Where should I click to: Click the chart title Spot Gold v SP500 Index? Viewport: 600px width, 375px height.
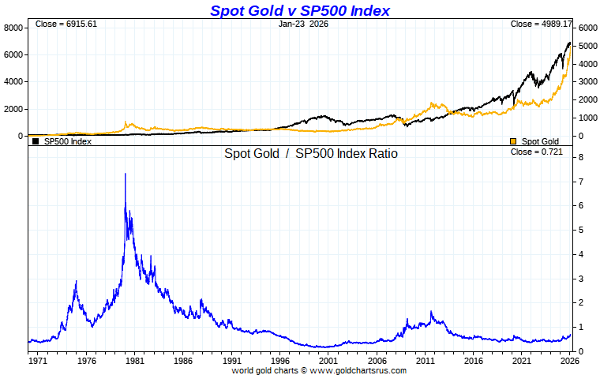299,10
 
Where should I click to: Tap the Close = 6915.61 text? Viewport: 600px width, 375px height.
66,24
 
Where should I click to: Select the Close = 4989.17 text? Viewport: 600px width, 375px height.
541,24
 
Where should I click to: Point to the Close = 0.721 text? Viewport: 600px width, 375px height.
537,152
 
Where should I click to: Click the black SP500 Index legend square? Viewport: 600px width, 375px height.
36,141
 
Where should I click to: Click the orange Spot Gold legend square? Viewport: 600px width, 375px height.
513,141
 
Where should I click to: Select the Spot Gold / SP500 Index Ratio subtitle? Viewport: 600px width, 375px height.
311,153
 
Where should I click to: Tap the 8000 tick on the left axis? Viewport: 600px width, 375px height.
13,28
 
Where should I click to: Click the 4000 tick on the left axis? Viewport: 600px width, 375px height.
13,82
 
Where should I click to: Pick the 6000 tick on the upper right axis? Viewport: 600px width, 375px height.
587,28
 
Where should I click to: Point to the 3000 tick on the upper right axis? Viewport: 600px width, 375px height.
587,82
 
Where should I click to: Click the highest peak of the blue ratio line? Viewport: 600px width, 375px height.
125,174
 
